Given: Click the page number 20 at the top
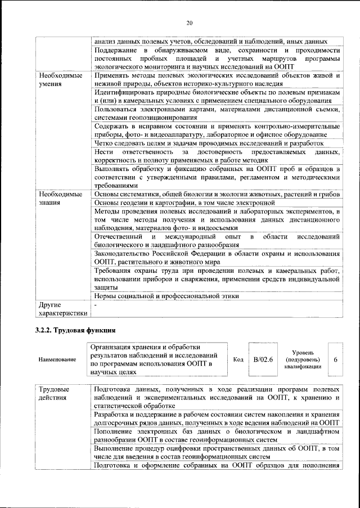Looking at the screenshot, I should point(190,22).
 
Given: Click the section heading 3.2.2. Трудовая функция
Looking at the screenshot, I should point(74,329).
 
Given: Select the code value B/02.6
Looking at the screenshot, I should point(263,358).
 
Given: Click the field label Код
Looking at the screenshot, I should point(238,358).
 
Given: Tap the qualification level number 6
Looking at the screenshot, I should point(335,358).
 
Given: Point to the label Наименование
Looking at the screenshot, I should point(57,359).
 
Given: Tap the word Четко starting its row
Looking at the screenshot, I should point(104,143).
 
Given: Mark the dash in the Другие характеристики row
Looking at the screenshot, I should point(96,304).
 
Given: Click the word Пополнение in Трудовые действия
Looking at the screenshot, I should point(115,431).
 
